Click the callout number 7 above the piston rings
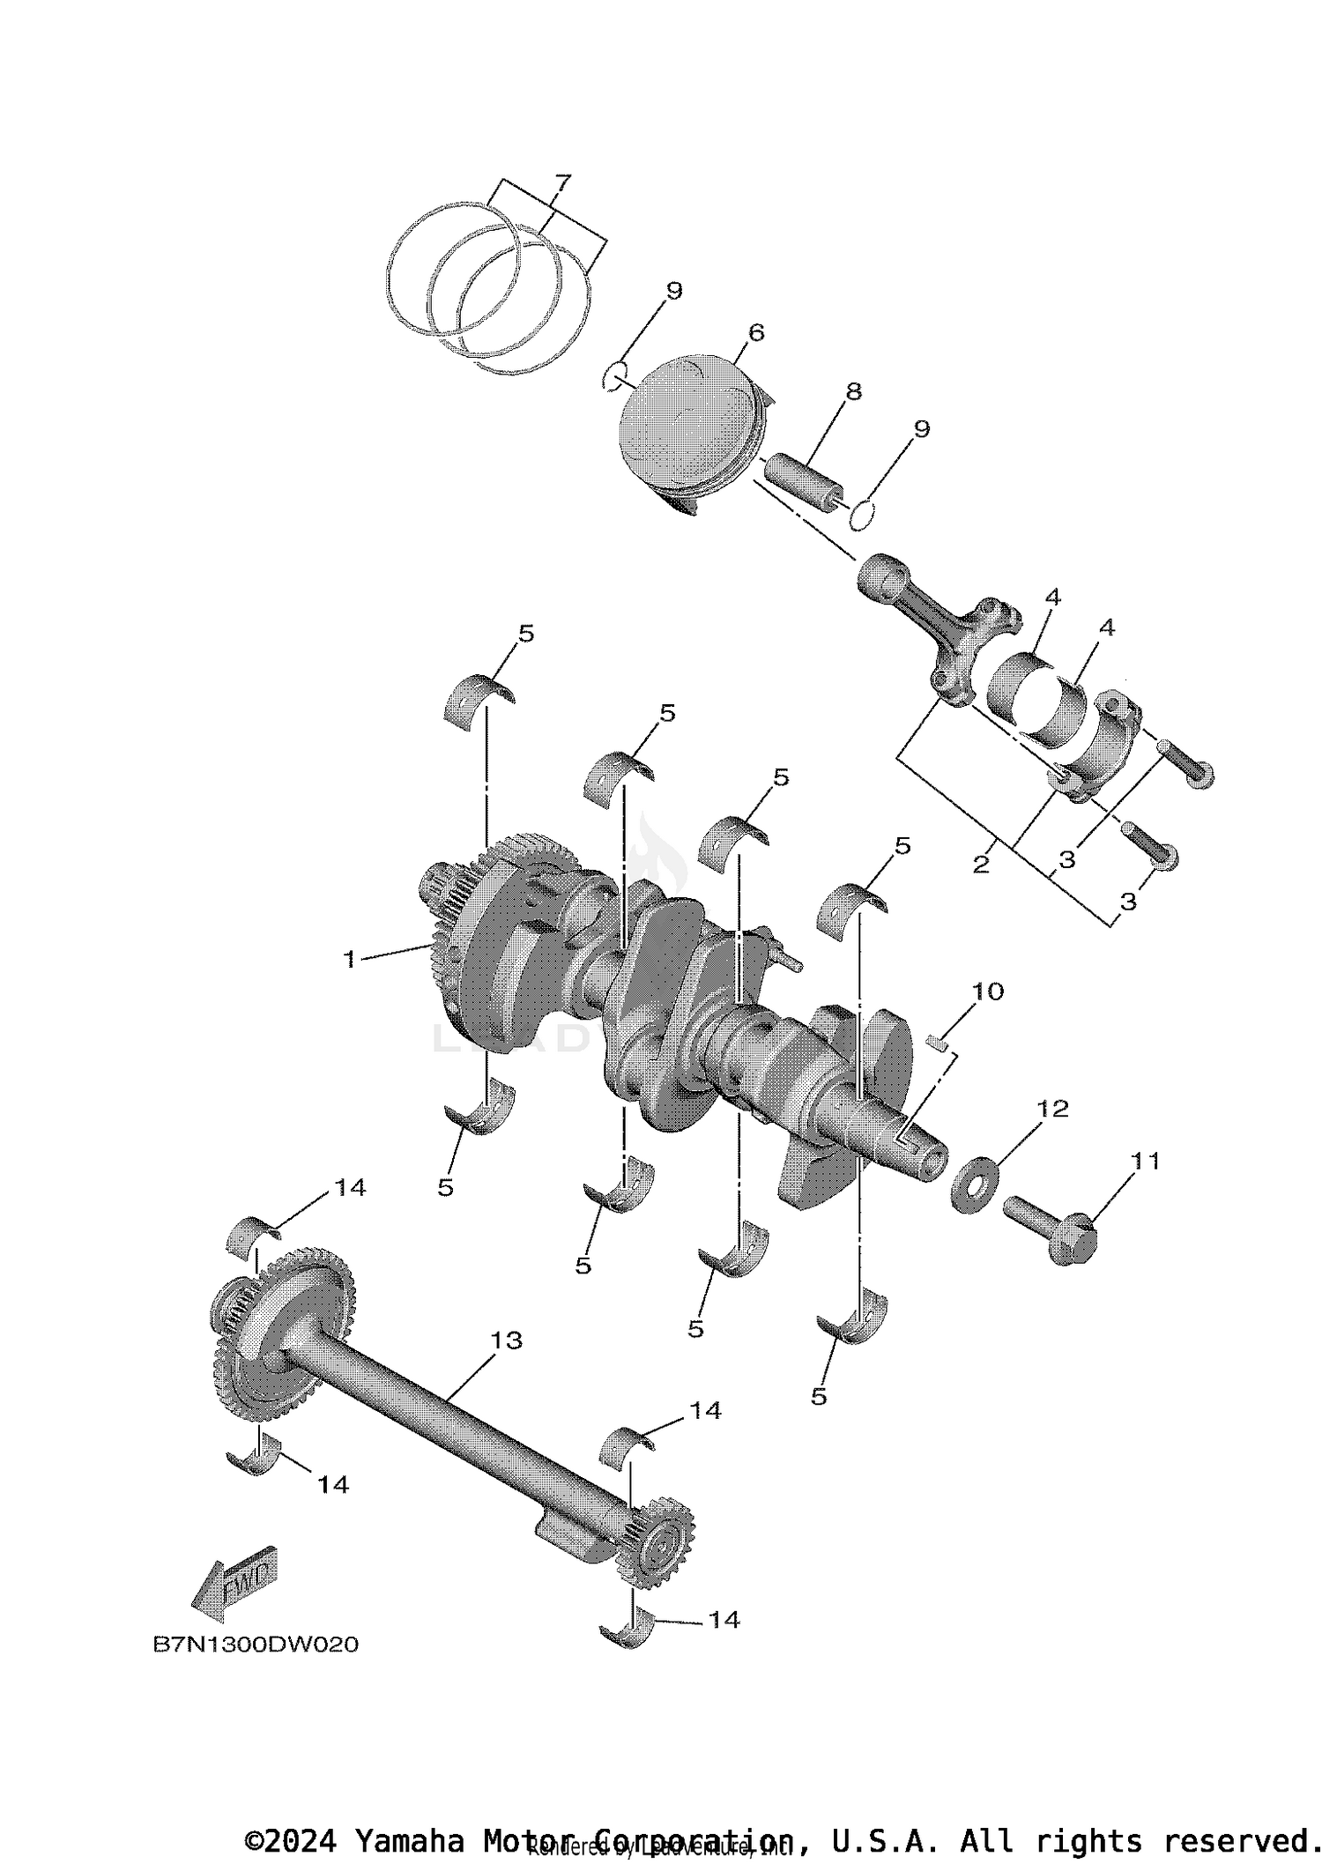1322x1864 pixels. tap(562, 183)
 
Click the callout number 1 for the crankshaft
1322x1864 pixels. tap(350, 959)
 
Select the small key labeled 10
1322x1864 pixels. tap(940, 1043)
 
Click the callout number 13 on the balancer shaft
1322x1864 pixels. tap(506, 1340)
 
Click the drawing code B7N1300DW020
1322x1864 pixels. tap(256, 1645)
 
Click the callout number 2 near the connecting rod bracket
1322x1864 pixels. tap(981, 865)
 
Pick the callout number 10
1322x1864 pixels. tap(988, 991)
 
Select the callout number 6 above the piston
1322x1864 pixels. tap(755, 332)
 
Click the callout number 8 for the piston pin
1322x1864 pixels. tap(853, 390)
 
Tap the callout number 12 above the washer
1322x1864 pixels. tap(1052, 1108)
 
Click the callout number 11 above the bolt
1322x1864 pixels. tap(1146, 1161)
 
